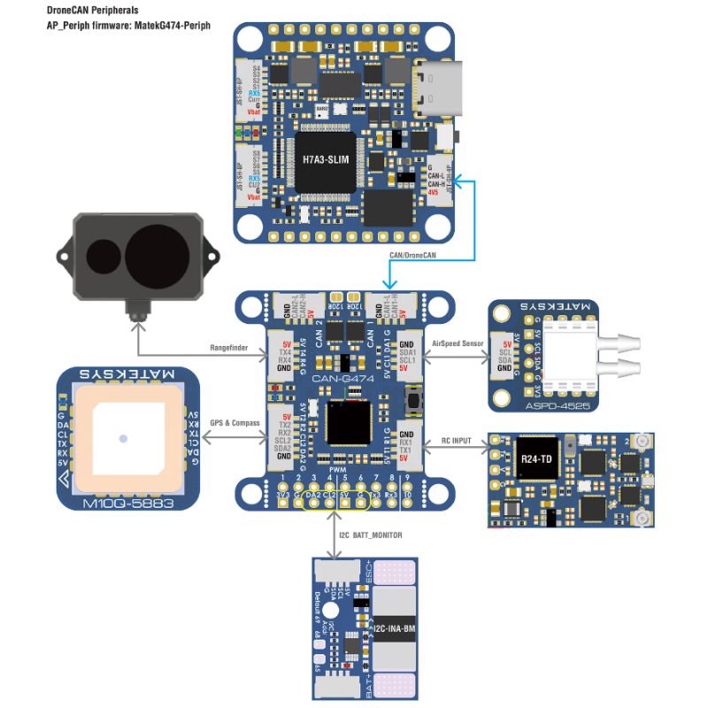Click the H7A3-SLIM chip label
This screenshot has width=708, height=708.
pyautogui.click(x=325, y=160)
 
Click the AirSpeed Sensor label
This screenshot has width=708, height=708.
pyautogui.click(x=457, y=342)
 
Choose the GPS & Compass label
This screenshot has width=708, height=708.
pyautogui.click(x=235, y=423)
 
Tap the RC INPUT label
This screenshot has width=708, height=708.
pyautogui.click(x=458, y=440)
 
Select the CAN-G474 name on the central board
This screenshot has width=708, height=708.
pyautogui.click(x=343, y=378)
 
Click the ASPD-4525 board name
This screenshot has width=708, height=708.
pyautogui.click(x=543, y=404)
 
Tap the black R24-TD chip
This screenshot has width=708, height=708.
pyautogui.click(x=538, y=458)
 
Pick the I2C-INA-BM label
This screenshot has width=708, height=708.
pyautogui.click(x=394, y=629)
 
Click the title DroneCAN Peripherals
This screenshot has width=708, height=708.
pyautogui.click(x=93, y=11)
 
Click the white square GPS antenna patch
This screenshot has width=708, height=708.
pyautogui.click(x=124, y=438)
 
